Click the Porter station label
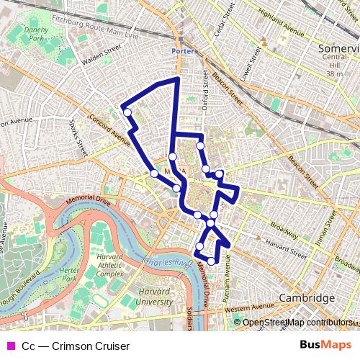pyautogui.click(x=184, y=51)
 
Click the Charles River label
pyautogui.click(x=167, y=261)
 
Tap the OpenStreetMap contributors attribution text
pyautogui.click(x=297, y=323)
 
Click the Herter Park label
pyautogui.click(x=69, y=274)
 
